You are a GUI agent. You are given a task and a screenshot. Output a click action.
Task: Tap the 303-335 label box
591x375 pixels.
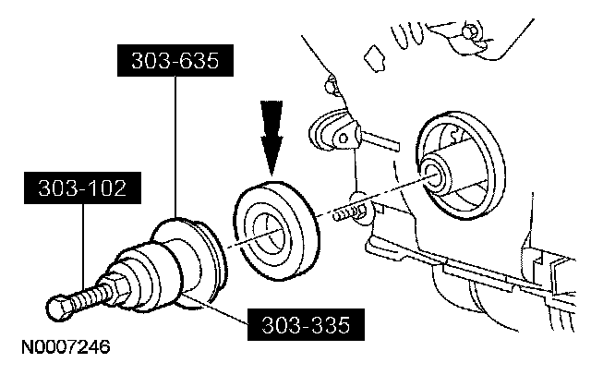pyautogui.click(x=305, y=324)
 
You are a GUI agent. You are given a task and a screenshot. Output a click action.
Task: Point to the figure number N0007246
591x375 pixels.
pyautogui.click(x=64, y=348)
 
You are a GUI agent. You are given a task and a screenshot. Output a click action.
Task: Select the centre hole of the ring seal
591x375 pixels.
pyautogui.click(x=269, y=231)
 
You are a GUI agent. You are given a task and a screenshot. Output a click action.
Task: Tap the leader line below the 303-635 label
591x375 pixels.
pyautogui.click(x=175, y=148)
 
